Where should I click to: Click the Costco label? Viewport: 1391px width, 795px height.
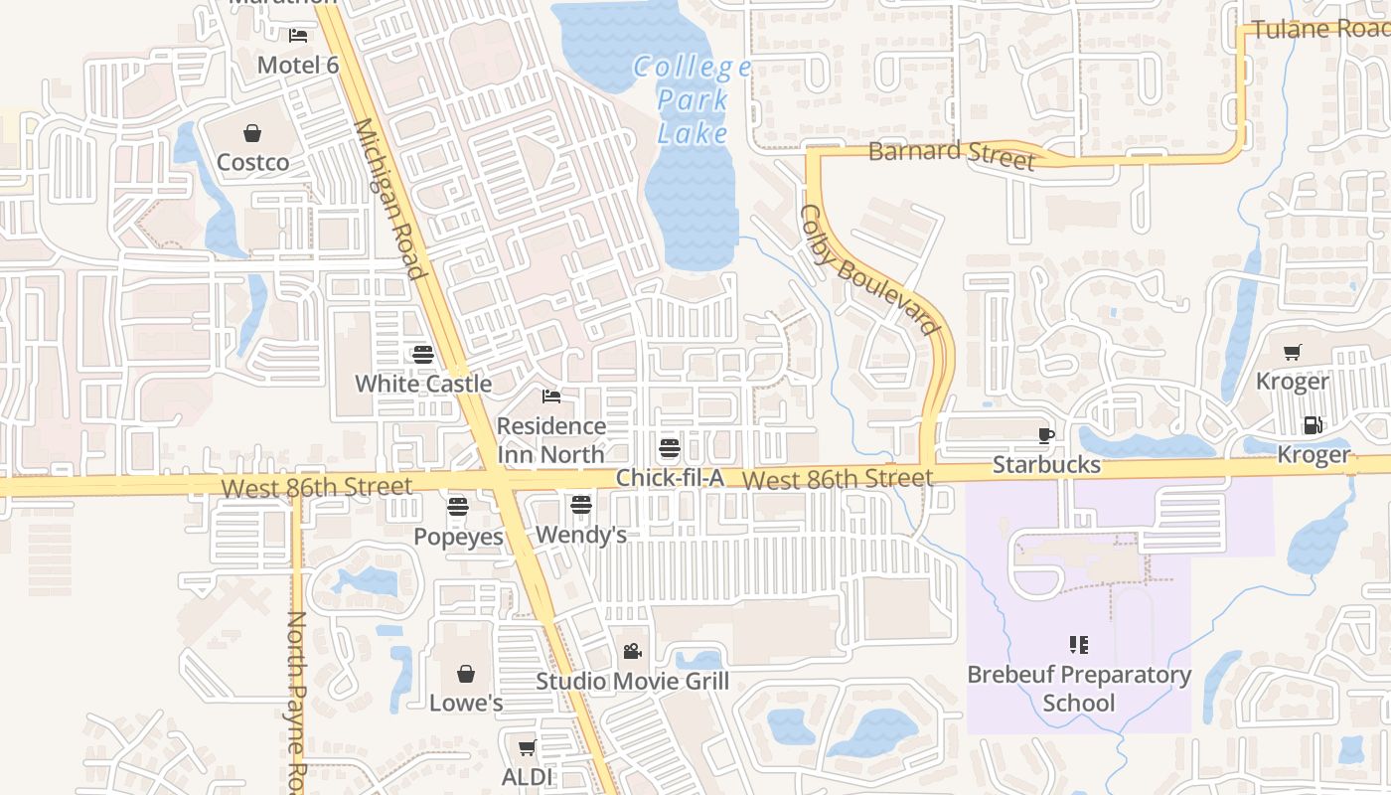pos(253,162)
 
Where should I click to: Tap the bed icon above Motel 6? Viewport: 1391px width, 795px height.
pos(298,36)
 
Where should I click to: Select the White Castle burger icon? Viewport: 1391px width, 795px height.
pos(423,354)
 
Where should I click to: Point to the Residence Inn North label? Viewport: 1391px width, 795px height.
pos(550,440)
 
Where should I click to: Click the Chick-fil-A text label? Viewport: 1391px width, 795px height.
pos(670,478)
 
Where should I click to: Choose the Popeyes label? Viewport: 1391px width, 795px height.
pos(458,536)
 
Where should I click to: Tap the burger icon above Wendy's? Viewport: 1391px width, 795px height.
pos(581,505)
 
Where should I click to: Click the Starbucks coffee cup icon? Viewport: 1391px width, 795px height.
pos(1045,435)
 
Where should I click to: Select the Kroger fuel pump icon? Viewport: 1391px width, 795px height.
pos(1313,425)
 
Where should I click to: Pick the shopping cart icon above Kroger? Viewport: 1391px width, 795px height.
pos(1292,352)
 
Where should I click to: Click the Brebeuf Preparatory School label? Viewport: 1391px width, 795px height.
pos(1079,689)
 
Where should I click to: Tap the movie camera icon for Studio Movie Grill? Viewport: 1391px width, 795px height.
pos(632,652)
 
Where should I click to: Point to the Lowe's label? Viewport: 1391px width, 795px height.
pos(466,703)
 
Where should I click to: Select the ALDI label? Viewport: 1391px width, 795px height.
pos(527,776)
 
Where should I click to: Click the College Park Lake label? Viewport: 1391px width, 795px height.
pos(693,99)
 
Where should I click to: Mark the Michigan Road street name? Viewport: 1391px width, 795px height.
pos(389,199)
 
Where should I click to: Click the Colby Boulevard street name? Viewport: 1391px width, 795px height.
pos(869,269)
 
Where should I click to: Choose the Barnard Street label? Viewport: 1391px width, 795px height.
pos(951,154)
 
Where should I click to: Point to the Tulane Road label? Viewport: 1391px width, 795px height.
pos(1319,28)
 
